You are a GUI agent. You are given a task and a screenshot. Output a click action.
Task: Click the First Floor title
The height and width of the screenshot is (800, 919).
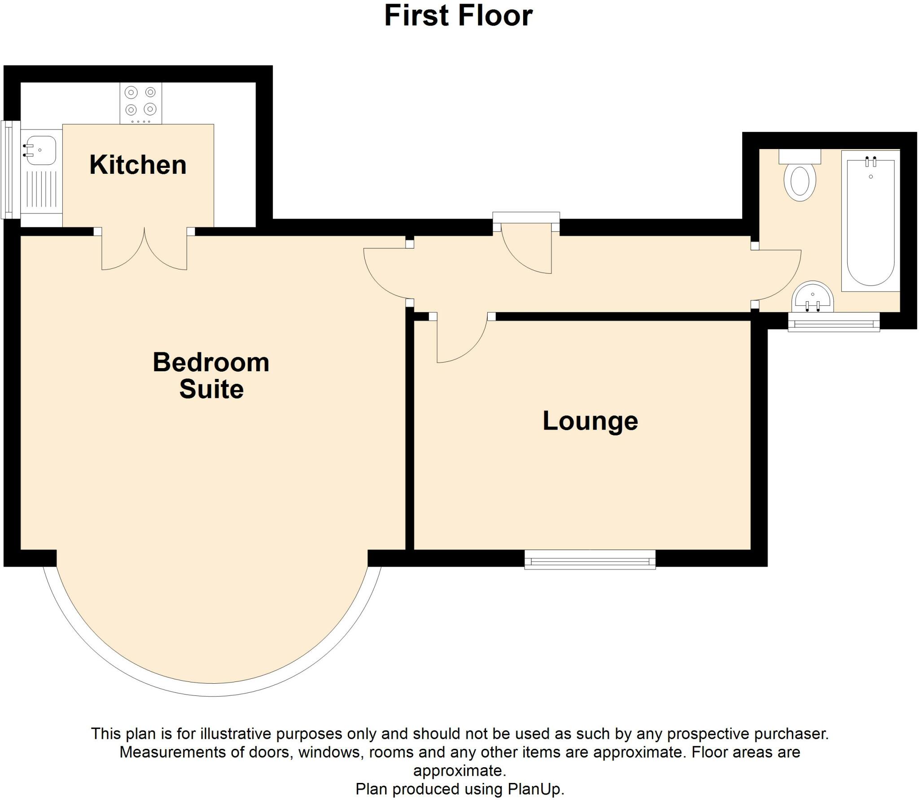pyautogui.click(x=458, y=16)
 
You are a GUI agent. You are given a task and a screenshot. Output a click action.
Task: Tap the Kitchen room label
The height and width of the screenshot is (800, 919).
pyautogui.click(x=138, y=165)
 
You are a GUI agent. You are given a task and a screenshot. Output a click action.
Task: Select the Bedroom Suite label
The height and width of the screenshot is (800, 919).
pyautogui.click(x=211, y=375)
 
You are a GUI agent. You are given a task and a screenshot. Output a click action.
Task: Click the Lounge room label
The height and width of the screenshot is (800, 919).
pyautogui.click(x=590, y=421)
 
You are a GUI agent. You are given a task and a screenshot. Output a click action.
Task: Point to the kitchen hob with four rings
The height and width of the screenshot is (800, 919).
pyautogui.click(x=140, y=102)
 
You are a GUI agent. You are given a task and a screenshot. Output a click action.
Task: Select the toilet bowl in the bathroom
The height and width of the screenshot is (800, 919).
pyautogui.click(x=800, y=182)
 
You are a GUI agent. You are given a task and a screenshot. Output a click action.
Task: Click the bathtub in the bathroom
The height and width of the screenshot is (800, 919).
pyautogui.click(x=870, y=222)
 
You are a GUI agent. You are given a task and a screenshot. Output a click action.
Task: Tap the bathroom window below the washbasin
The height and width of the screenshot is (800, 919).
pyautogui.click(x=834, y=322)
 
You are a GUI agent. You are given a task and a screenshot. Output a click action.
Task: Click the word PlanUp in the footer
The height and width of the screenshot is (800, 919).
pyautogui.click(x=534, y=788)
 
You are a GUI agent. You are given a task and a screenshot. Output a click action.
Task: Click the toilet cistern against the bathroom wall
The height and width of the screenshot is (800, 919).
pyautogui.click(x=800, y=157)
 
